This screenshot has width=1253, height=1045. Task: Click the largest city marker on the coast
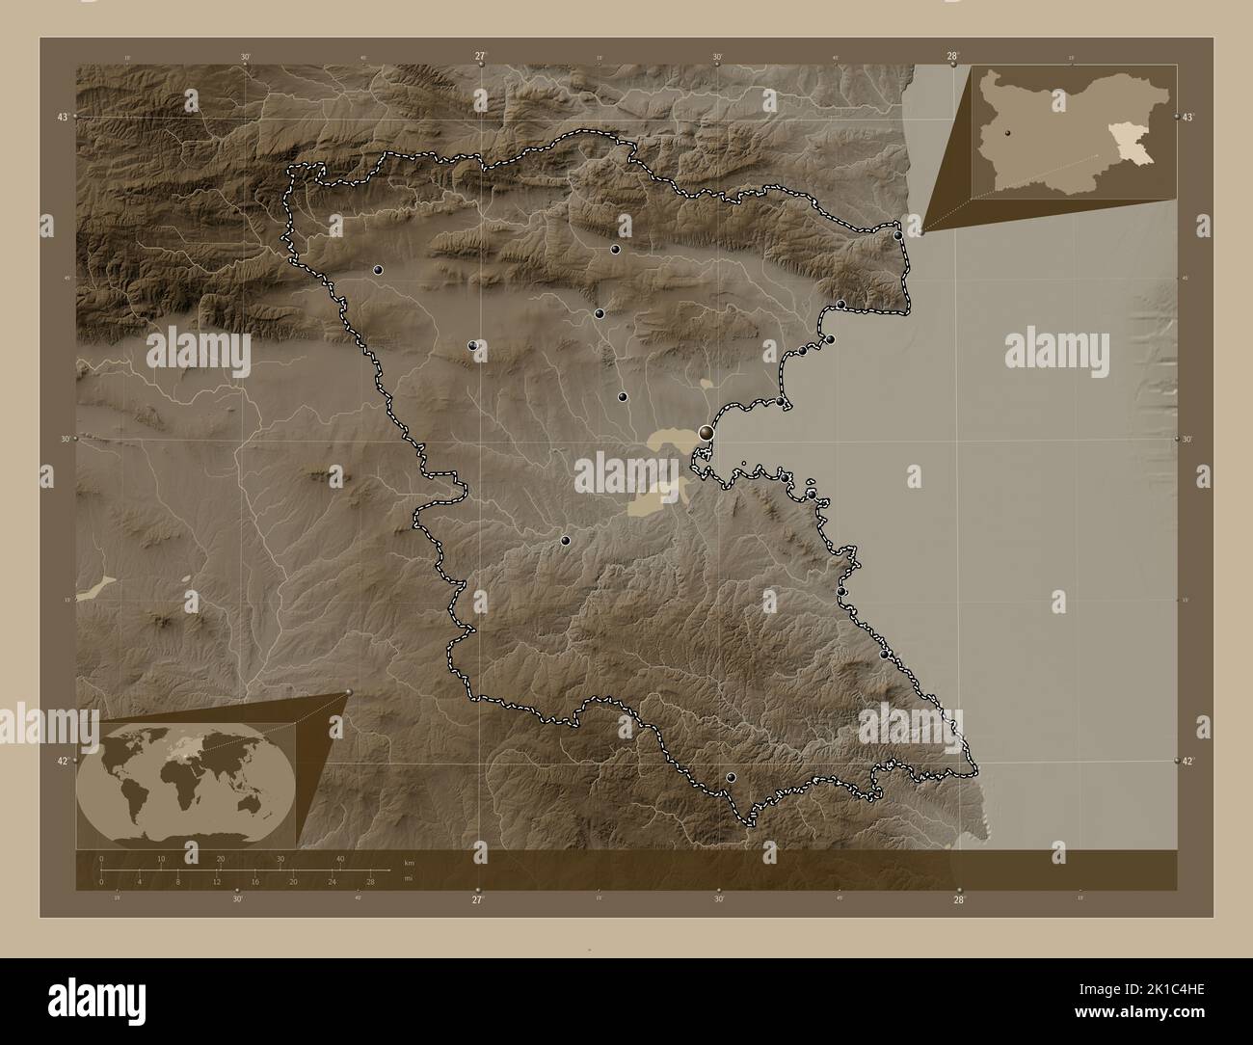click(706, 433)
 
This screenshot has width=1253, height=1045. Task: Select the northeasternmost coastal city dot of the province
click(897, 235)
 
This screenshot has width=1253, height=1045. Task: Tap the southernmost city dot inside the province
click(731, 777)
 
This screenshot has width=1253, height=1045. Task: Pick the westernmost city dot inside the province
click(378, 270)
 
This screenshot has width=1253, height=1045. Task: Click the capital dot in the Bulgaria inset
click(1006, 134)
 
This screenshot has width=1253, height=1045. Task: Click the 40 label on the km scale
click(339, 858)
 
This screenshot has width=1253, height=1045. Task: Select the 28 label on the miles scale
click(369, 881)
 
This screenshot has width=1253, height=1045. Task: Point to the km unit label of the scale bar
click(409, 862)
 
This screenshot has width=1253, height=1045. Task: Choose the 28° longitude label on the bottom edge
click(958, 899)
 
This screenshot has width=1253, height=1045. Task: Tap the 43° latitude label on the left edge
click(63, 117)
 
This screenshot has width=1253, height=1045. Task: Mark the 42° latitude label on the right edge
click(1189, 762)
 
